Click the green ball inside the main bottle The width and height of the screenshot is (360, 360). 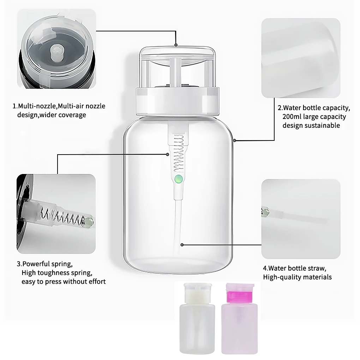click(x=179, y=179)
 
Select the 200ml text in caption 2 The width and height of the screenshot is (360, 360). click(x=290, y=117)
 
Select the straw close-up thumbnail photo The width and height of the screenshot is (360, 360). click(x=301, y=219)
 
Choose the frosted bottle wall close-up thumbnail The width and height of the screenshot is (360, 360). click(x=301, y=58)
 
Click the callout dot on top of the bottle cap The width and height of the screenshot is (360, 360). click(x=176, y=45)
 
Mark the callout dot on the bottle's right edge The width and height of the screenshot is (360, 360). click(x=235, y=141)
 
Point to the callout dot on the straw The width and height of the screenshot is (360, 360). click(x=181, y=244)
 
